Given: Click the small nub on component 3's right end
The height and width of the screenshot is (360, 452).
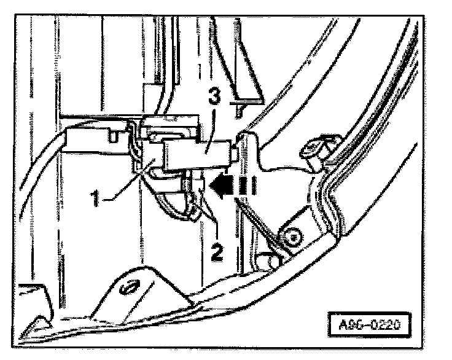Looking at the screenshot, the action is pos(236,152).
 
